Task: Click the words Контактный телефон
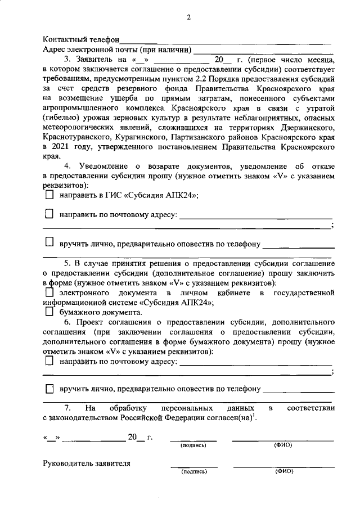[x=81, y=40]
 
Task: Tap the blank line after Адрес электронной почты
[x=262, y=49]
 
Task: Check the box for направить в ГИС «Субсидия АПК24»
[x=49, y=195]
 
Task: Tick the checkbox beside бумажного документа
[x=49, y=312]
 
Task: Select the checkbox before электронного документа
[x=49, y=293]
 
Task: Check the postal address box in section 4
[x=49, y=214]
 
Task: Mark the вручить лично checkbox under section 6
[x=49, y=389]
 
